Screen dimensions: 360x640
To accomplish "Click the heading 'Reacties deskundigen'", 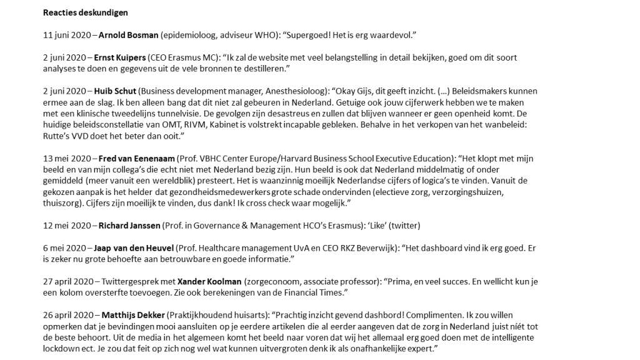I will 86,12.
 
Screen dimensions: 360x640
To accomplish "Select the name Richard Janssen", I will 129,226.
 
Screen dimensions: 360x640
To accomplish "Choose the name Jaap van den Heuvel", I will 133,248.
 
